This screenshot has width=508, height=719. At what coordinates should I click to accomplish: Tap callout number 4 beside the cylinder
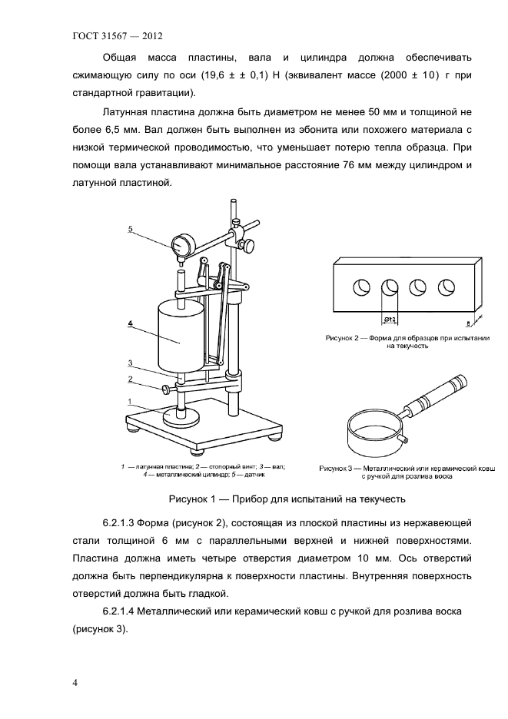pyautogui.click(x=131, y=324)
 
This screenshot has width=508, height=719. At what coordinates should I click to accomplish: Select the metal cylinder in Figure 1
pyautogui.click(x=180, y=336)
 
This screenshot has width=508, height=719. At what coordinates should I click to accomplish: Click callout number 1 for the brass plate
pyautogui.click(x=131, y=401)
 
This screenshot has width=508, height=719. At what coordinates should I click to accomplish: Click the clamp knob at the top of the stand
pyautogui.click(x=250, y=245)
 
